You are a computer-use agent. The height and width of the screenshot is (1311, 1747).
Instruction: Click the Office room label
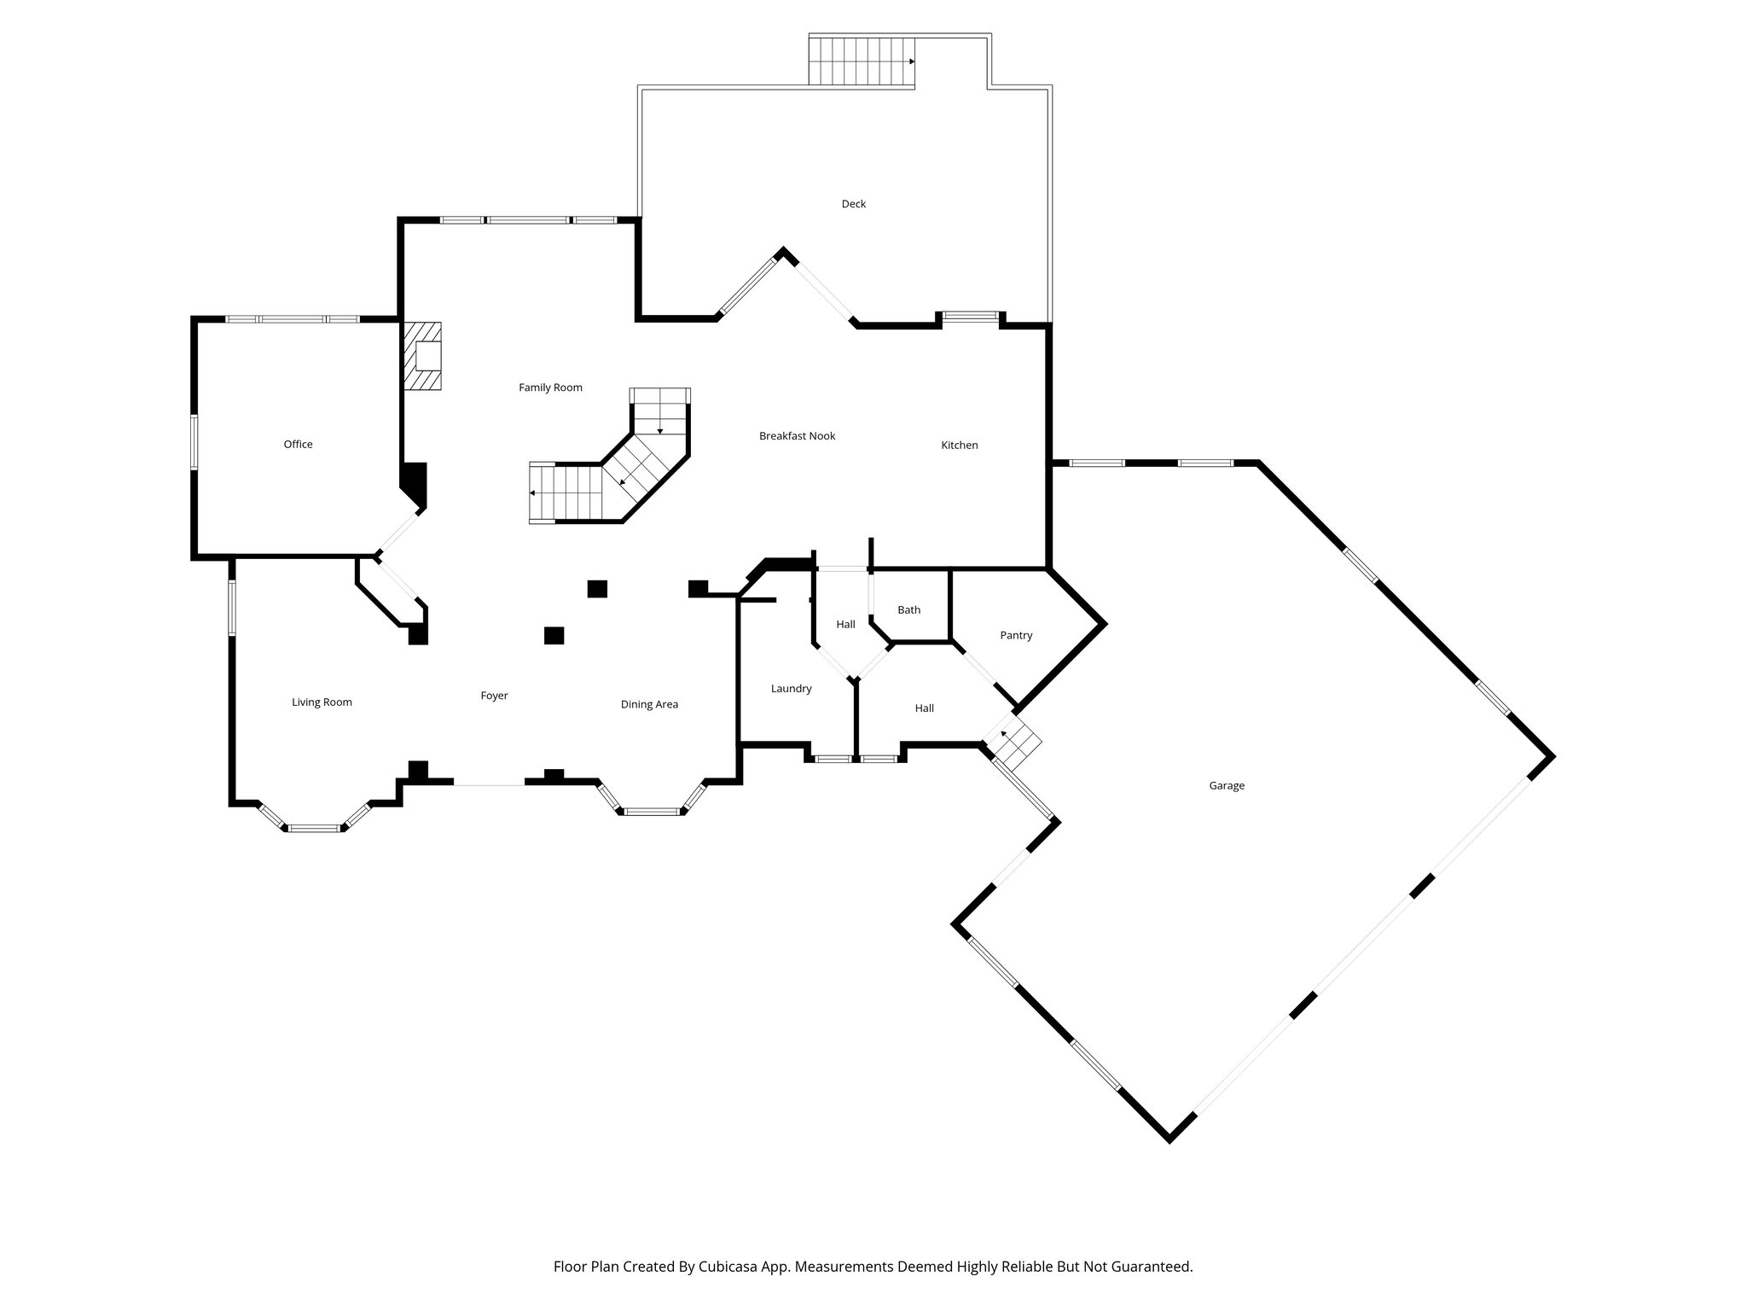[x=298, y=444]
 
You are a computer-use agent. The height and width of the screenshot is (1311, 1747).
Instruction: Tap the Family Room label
[x=550, y=387]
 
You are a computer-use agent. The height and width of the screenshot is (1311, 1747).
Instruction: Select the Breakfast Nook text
[x=797, y=436]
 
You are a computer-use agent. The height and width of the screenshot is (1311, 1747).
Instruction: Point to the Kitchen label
[x=959, y=445]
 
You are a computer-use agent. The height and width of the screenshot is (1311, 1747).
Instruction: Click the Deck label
[x=853, y=204]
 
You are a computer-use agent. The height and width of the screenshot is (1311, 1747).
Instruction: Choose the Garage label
[x=1226, y=785]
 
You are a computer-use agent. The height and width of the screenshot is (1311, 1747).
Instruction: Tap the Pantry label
[x=1015, y=635]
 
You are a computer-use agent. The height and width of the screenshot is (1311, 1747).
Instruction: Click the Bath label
[x=908, y=609]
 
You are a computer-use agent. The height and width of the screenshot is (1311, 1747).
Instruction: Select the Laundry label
[x=791, y=689]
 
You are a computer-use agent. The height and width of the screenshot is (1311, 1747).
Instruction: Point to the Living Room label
[x=322, y=702]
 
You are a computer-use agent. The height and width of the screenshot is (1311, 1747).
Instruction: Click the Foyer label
[x=494, y=696]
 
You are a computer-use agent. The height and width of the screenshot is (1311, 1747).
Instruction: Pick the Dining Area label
[x=649, y=704]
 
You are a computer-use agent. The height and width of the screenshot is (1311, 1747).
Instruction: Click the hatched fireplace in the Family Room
[x=423, y=356]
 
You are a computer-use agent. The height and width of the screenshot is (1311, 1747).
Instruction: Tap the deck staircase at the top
[x=861, y=61]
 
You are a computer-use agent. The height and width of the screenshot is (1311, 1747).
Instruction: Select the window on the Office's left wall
[x=194, y=442]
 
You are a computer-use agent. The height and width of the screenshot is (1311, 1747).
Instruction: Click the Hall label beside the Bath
[x=845, y=625]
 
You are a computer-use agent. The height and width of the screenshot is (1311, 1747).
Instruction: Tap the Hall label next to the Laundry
[x=924, y=708]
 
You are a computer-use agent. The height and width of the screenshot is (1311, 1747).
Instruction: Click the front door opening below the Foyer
[x=488, y=784]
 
